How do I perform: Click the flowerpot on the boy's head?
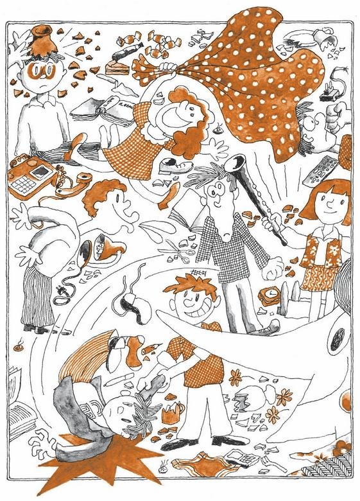click(43, 40)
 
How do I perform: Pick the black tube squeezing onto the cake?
click(126, 41)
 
